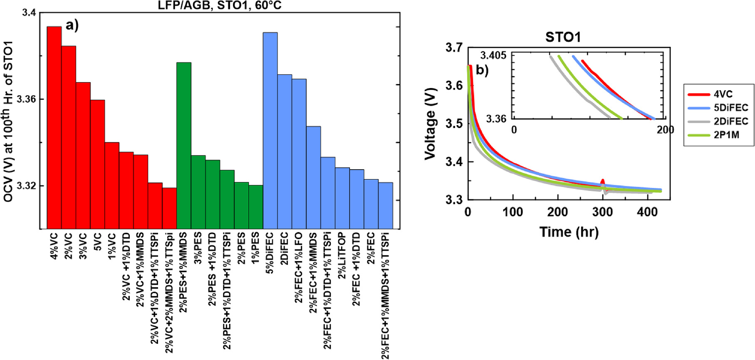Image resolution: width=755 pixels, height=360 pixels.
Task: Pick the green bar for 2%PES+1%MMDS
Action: coord(184,145)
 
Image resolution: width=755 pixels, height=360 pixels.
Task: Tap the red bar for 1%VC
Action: coord(112,185)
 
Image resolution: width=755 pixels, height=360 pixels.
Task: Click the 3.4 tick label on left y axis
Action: coord(29,13)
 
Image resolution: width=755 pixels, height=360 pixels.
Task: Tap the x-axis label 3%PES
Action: coord(198,245)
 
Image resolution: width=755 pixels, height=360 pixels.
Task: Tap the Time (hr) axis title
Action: coord(569,232)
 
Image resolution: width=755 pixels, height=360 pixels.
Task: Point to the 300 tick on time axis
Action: coord(602,212)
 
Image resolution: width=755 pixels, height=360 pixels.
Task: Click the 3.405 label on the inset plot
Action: coord(493,55)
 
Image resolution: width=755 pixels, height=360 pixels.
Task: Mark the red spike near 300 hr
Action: coord(602,182)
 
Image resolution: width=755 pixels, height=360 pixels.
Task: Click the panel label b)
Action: coord(482,70)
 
